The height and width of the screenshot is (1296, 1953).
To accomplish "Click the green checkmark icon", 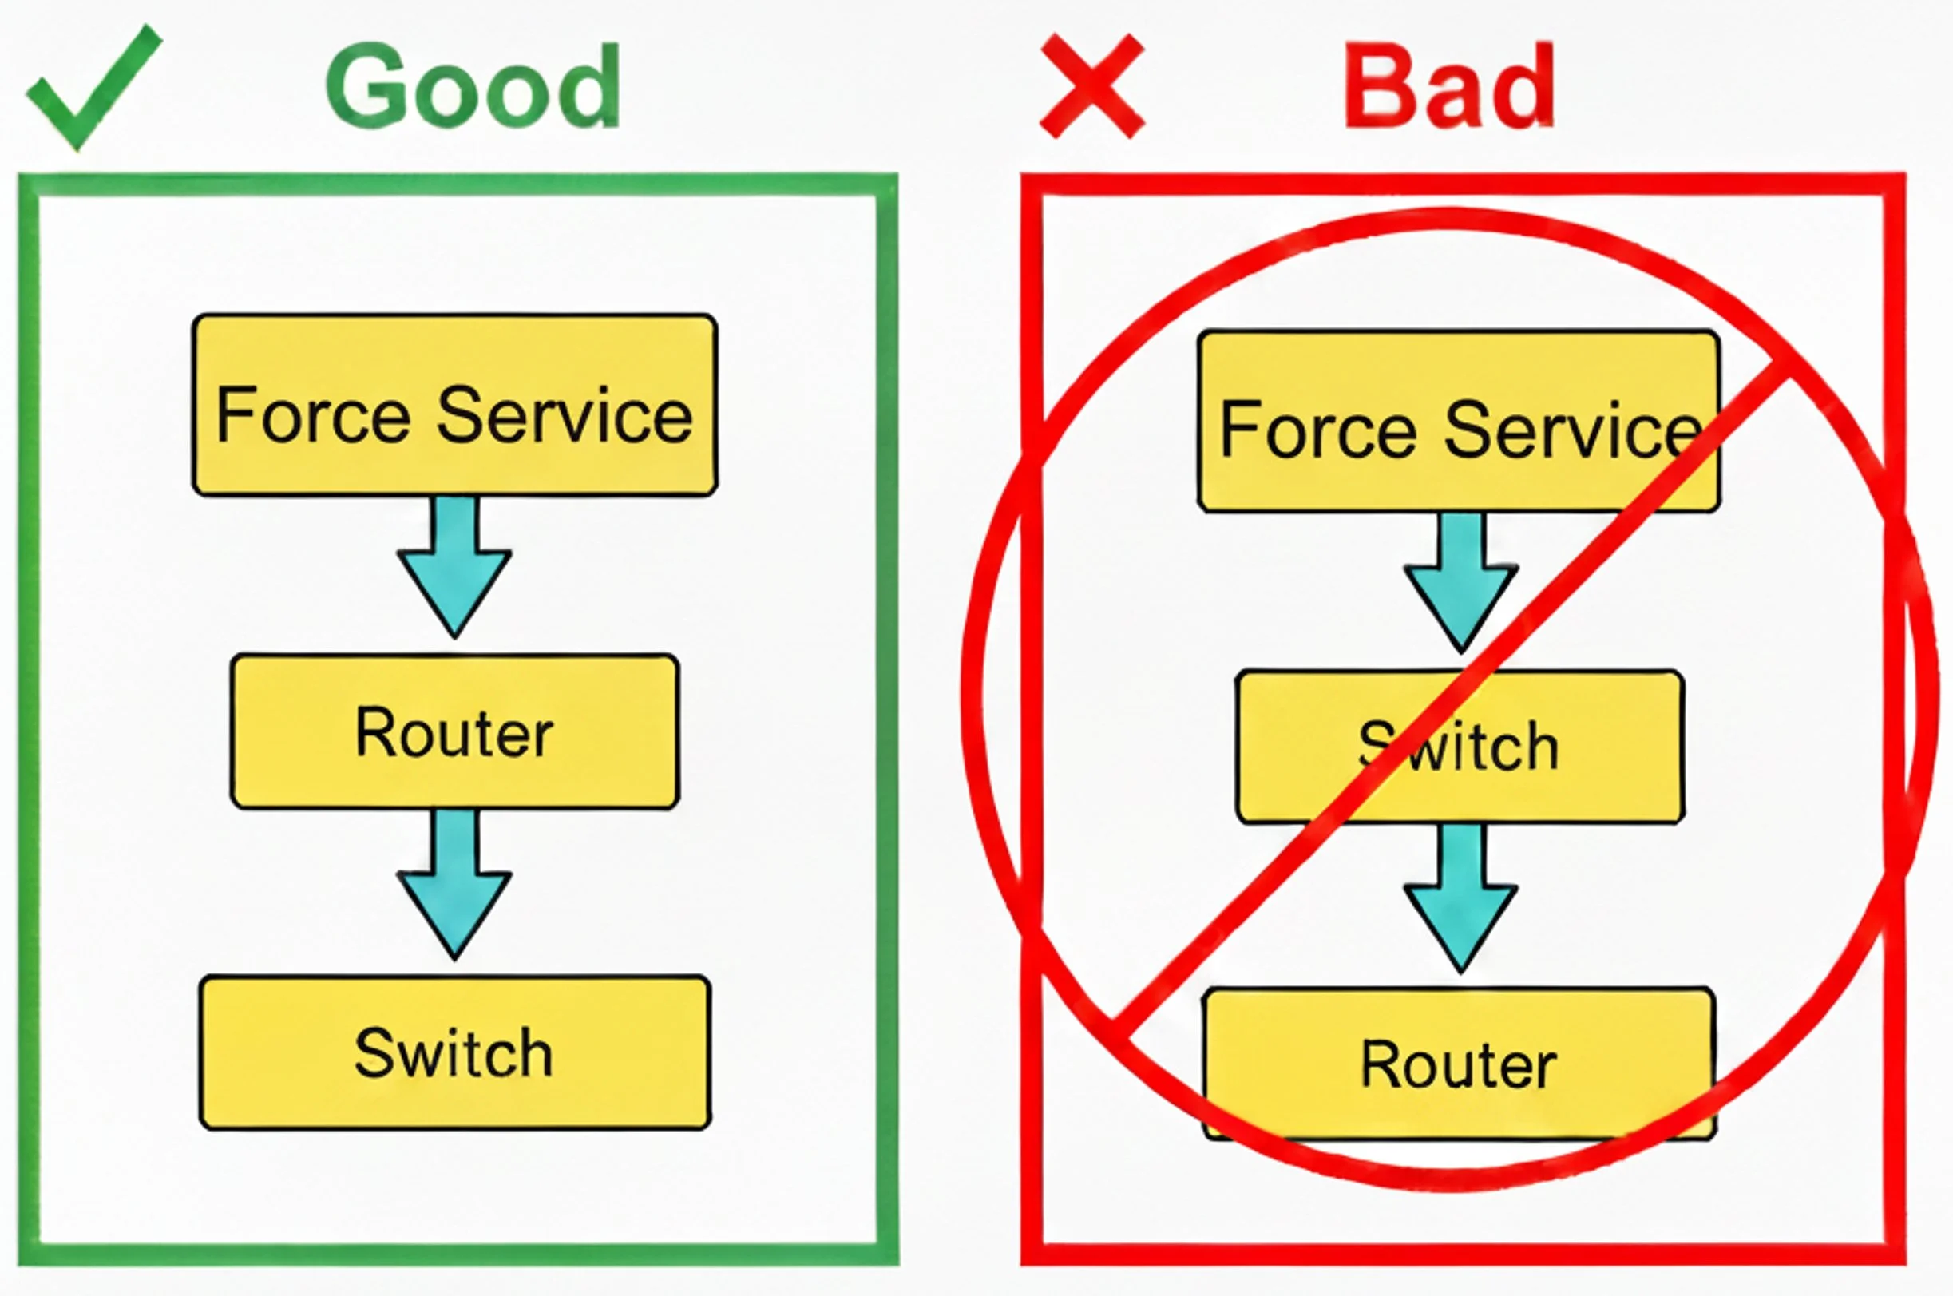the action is pos(93,87).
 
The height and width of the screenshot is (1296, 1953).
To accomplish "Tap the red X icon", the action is pos(1092,85).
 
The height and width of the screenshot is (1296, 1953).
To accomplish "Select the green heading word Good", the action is pos(473,86).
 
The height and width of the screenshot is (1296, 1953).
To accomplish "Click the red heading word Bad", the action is pos(1449,85).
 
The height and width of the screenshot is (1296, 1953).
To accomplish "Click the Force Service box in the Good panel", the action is pos(454,405).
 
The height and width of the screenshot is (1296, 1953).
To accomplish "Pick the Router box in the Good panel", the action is pos(454,731).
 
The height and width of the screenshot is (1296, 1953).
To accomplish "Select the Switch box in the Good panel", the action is pos(454,1052).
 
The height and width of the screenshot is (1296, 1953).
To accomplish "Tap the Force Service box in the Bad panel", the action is pos(1459,421).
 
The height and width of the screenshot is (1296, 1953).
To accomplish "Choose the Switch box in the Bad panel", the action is pos(1460,747).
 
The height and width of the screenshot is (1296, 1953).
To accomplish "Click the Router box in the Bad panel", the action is pos(1459,1064).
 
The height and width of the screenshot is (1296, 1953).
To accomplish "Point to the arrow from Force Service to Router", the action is pos(454,567).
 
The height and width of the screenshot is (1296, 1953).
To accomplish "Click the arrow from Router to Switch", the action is pos(454,885).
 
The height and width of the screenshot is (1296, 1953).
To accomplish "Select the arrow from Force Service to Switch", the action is pos(1460,583).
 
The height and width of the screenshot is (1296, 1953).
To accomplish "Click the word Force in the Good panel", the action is pos(312,415).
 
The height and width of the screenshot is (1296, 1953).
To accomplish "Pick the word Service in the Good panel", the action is pos(565,415).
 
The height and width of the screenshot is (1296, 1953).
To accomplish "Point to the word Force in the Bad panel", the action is pos(1318,430).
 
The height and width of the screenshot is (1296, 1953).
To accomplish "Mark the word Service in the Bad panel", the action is pos(1572,430).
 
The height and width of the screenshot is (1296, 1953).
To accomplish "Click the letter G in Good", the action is pos(363,86).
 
